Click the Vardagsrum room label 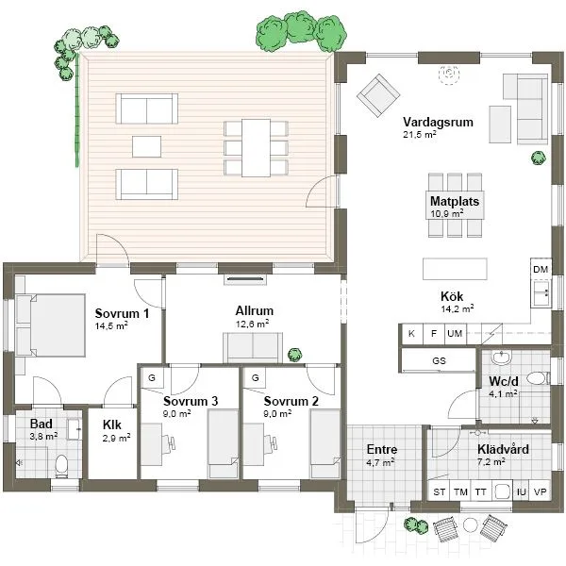tap(438, 123)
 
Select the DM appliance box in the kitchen tap(541, 270)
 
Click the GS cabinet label tap(438, 360)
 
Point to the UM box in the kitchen tap(456, 333)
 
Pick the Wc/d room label tap(501, 382)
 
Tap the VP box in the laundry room tap(541, 492)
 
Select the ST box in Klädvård tap(439, 492)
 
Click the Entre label tap(381, 450)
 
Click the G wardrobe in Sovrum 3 tap(151, 377)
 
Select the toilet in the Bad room tap(62, 463)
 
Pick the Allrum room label tap(254, 310)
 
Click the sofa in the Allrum tap(252, 347)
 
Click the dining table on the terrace tap(256, 147)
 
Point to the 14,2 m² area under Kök tap(457, 308)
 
